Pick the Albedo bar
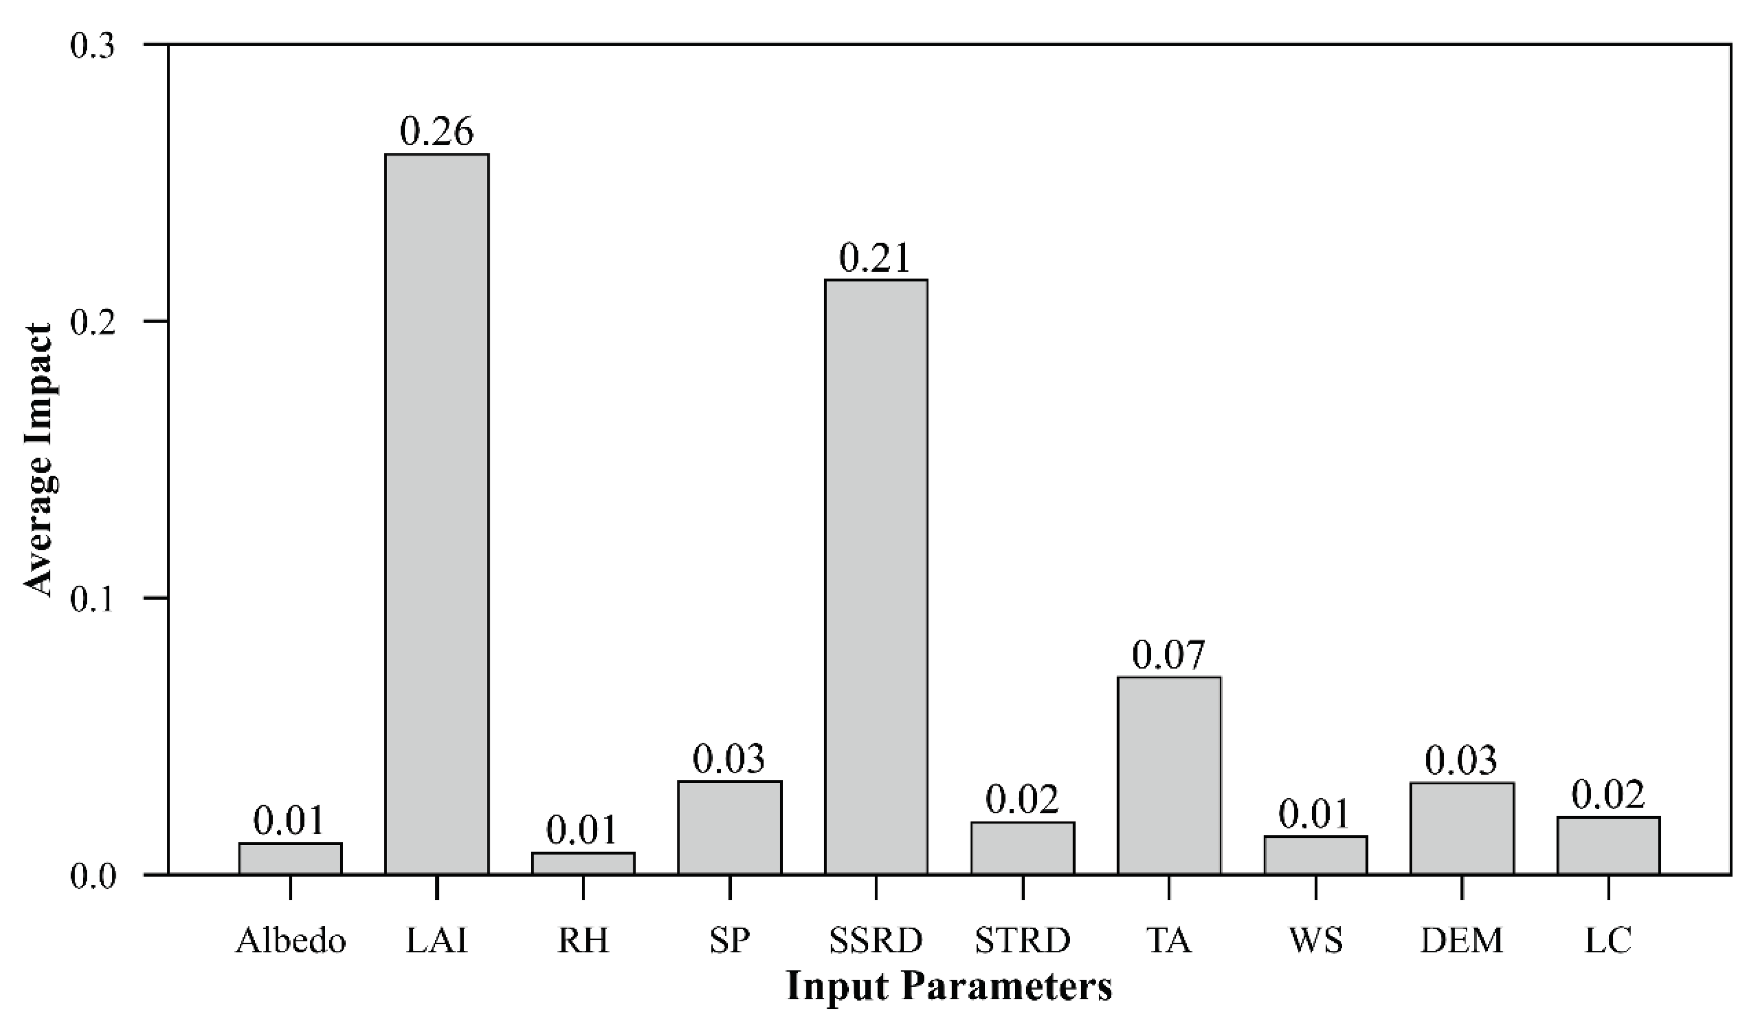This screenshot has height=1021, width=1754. point(290,858)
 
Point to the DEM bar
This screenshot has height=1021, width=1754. point(1462,828)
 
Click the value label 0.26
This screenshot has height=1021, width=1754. point(436,131)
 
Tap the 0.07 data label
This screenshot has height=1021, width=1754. point(1169,655)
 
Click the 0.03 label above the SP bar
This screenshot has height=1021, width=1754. point(729,759)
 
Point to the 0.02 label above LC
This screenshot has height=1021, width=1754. point(1608,795)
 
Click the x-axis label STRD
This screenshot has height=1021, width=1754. point(1023,941)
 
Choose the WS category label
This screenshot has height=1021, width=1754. point(1316,941)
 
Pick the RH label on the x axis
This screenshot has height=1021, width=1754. point(583,941)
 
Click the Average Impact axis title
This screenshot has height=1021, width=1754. point(40,460)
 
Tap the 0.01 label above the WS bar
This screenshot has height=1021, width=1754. point(1315,814)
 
